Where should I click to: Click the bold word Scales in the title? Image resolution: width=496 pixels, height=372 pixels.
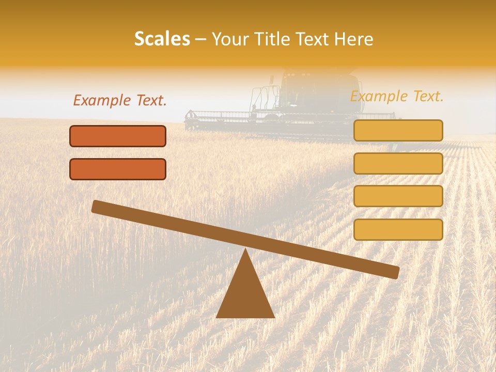click(x=162, y=39)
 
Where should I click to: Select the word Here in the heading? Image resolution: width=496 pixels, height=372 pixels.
click(x=353, y=39)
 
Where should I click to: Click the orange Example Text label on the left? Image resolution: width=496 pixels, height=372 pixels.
click(x=120, y=101)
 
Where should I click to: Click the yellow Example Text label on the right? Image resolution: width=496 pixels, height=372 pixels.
click(x=397, y=97)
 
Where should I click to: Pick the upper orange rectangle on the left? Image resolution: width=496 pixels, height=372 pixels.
click(x=118, y=136)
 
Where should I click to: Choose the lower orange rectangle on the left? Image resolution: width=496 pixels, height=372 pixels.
click(x=118, y=169)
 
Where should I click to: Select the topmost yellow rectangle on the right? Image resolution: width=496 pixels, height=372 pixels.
click(x=398, y=130)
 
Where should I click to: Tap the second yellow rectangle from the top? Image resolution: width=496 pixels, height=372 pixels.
click(x=398, y=163)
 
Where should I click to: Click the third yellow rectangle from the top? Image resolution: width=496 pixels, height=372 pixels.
click(x=398, y=196)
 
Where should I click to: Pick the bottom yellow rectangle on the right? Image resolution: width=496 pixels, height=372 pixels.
click(x=398, y=229)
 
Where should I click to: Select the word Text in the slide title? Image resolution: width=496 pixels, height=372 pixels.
click(x=315, y=39)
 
